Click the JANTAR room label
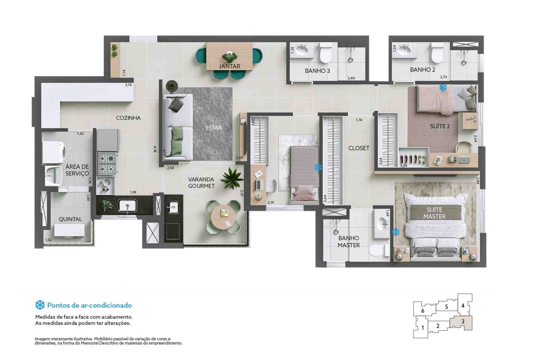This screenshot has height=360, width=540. pos(229,66)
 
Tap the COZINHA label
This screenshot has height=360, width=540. pos(128,118)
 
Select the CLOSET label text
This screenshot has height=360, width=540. pos(359,148)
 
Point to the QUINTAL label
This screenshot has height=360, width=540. pos(70,219)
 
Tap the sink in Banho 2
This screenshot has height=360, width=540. pos(404,50)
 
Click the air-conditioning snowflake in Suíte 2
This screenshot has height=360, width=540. pos(443,87)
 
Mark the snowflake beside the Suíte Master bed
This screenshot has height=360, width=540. pos(396,232)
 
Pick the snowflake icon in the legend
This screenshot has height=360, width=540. pos(40,305)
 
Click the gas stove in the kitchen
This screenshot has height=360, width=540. pos(107,164)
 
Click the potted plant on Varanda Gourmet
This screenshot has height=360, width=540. pos(232,178)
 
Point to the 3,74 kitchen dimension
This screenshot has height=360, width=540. pos(128,85)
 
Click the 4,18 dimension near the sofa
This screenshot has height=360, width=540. pos(155,149)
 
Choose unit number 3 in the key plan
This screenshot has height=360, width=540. pos(463,321)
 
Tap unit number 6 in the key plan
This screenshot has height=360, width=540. pos(422,311)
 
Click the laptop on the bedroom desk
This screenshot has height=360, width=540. pos(258,185)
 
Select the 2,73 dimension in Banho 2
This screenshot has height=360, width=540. pos(444,77)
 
